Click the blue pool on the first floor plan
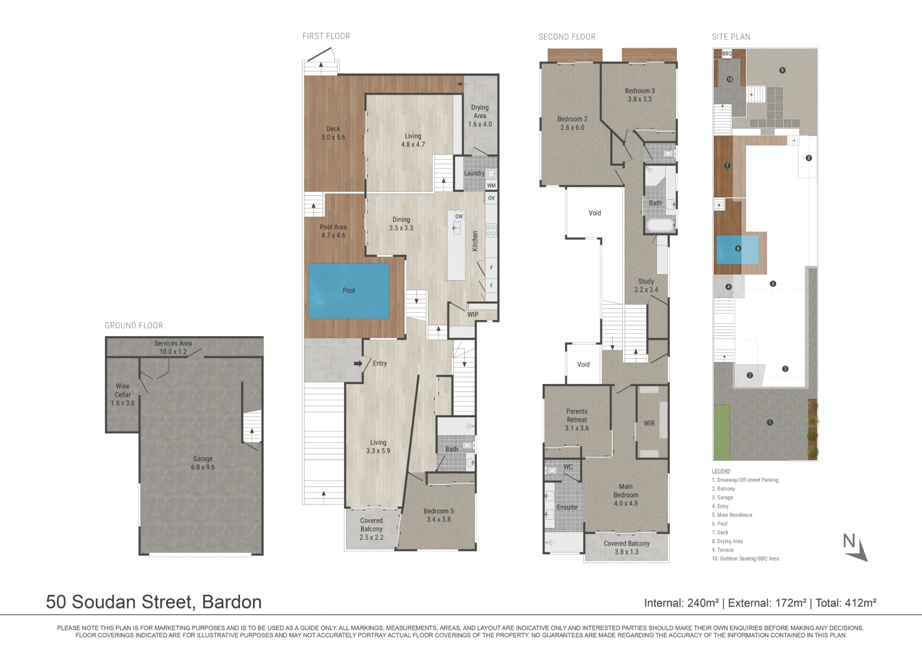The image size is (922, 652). (x=349, y=290)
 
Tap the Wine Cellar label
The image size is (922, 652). (x=123, y=390)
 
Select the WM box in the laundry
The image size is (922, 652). (x=491, y=185)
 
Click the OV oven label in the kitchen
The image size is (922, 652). (x=491, y=198)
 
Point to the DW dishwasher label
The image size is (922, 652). (x=459, y=216)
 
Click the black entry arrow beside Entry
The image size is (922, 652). (x=358, y=363)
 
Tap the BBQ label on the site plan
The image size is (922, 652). (x=727, y=53)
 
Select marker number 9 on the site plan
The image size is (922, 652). (x=782, y=70)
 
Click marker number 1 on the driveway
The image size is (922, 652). (x=769, y=422)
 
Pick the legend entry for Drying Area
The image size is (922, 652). (x=727, y=541)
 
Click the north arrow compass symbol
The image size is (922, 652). (x=856, y=548)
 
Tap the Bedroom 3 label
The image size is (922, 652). (x=640, y=91)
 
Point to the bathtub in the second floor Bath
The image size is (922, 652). (x=660, y=225)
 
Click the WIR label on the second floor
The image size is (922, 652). (x=649, y=423)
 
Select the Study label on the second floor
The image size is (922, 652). (x=646, y=281)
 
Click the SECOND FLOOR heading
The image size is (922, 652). (x=567, y=37)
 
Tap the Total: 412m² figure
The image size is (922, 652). (x=846, y=603)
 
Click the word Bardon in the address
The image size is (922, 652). (x=232, y=602)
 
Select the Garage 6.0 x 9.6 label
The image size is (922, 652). (x=203, y=463)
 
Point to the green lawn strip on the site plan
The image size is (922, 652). (x=722, y=432)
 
